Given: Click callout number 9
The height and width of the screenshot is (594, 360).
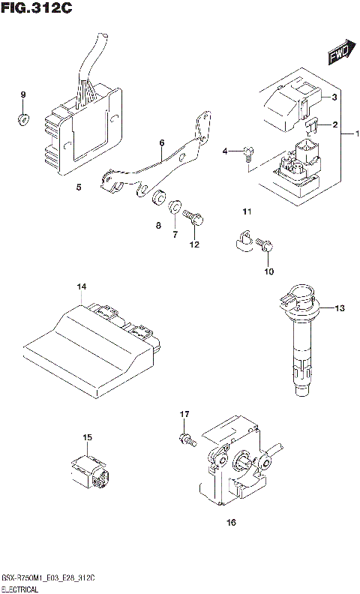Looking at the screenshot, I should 23,94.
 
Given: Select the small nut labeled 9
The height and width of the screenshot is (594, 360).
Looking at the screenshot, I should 23,118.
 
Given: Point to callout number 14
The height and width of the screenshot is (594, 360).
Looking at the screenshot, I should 81,287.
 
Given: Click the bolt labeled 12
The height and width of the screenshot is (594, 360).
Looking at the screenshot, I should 194,218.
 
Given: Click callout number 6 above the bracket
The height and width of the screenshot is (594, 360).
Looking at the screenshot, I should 161,142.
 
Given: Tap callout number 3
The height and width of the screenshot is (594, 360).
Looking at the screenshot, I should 335,97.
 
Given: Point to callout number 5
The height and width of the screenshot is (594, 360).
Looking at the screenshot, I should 79,187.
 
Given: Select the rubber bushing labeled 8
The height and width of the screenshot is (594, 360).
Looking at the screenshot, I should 158,198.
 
